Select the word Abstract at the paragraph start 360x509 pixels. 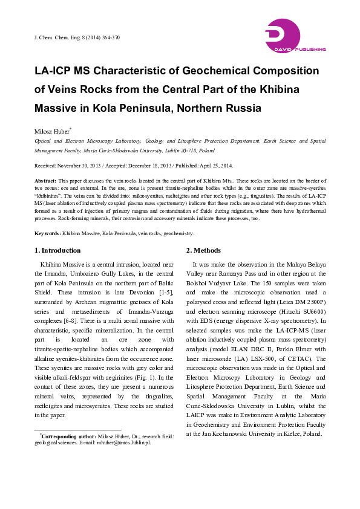45,181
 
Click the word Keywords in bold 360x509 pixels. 47,233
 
